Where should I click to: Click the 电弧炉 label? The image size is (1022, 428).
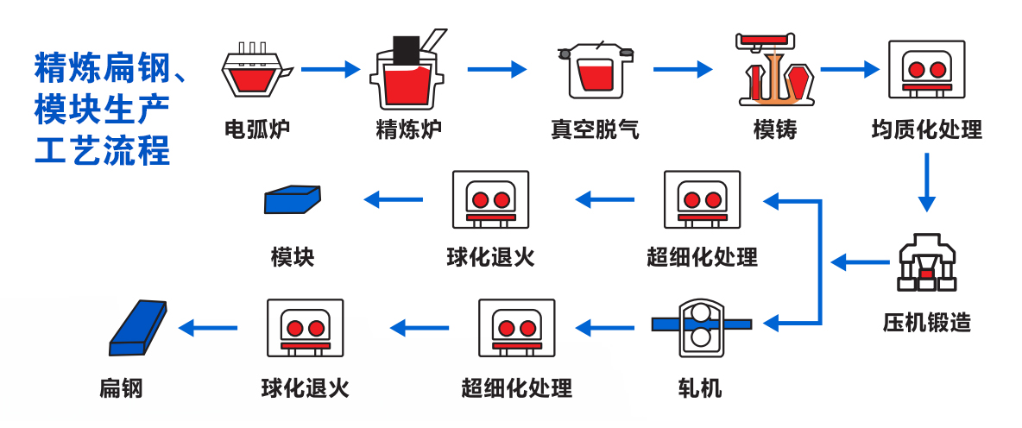click(x=256, y=130)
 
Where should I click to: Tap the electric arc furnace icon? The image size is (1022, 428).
click(x=255, y=70)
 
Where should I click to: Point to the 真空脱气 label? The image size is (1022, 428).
click(x=596, y=130)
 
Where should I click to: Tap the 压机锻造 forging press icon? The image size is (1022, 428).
click(x=926, y=262)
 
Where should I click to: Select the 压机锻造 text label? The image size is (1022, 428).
click(x=926, y=323)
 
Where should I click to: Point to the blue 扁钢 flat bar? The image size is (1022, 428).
click(x=139, y=328)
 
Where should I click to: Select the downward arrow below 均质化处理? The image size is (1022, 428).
click(x=926, y=182)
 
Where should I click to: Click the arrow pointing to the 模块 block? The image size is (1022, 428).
click(x=394, y=200)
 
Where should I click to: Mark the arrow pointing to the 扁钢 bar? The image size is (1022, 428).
click(x=208, y=327)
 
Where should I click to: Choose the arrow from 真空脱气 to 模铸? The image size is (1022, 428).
click(x=683, y=69)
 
